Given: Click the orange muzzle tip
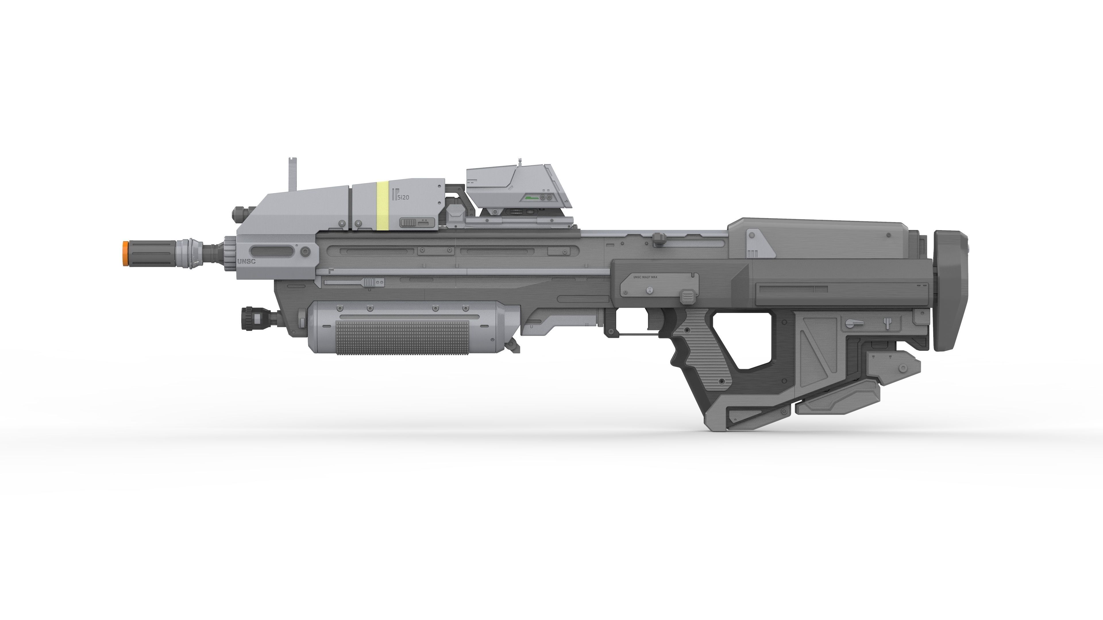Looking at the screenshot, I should (124, 253).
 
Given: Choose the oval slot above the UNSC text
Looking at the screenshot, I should (272, 251).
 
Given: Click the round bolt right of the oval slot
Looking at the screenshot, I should (305, 251).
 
